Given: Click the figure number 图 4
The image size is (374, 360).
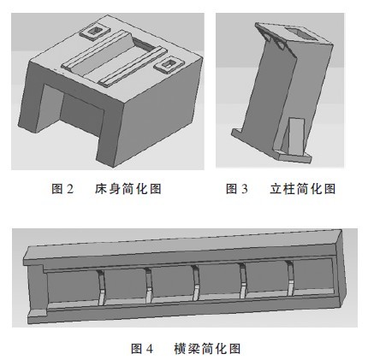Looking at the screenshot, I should [x=140, y=349].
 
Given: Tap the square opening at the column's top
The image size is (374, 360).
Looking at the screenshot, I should [x=288, y=34].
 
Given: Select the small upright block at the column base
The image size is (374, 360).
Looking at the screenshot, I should [x=294, y=136].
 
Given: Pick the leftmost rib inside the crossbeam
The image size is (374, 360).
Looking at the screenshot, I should [x=101, y=286].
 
